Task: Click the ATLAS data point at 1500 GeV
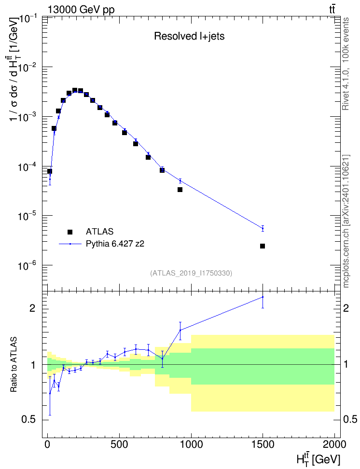pyautogui.click(x=263, y=246)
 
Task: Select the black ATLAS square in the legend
pyautogui.click(x=70, y=232)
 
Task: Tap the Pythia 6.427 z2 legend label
pyautogui.click(x=115, y=244)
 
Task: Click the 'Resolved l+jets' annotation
pyautogui.click(x=189, y=36)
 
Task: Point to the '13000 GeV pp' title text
pyautogui.click(x=81, y=10)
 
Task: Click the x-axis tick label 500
pyautogui.click(x=119, y=444)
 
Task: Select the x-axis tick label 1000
pyautogui.click(x=191, y=444)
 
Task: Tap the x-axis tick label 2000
pyautogui.click(x=334, y=444)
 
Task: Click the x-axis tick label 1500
pyautogui.click(x=263, y=444)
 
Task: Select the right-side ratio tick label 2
pyautogui.click(x=346, y=308)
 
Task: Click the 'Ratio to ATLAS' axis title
pyautogui.click(x=14, y=365)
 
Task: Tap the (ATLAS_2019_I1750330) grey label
pyautogui.click(x=191, y=273)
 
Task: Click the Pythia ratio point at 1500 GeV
pyautogui.click(x=263, y=297)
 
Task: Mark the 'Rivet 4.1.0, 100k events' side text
pyautogui.click(x=346, y=64)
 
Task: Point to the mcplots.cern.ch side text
pyautogui.click(x=346, y=221)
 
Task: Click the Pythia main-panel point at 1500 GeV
pyautogui.click(x=263, y=229)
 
